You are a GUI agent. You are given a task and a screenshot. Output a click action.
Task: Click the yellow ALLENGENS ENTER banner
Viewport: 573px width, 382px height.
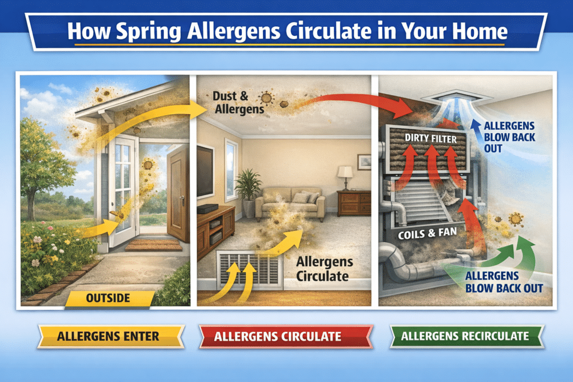110,337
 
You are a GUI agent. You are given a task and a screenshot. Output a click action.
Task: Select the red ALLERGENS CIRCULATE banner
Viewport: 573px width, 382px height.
285,337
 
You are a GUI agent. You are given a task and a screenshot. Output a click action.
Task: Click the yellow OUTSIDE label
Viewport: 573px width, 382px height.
109,299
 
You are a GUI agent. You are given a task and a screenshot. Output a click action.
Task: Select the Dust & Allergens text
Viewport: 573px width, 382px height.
237,102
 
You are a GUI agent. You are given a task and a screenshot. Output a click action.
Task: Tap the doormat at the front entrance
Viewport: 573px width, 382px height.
145,245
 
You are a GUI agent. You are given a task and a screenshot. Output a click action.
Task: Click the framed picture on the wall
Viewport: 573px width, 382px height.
364,162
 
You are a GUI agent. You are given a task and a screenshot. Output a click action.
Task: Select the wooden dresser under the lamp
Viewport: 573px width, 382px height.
354,203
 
